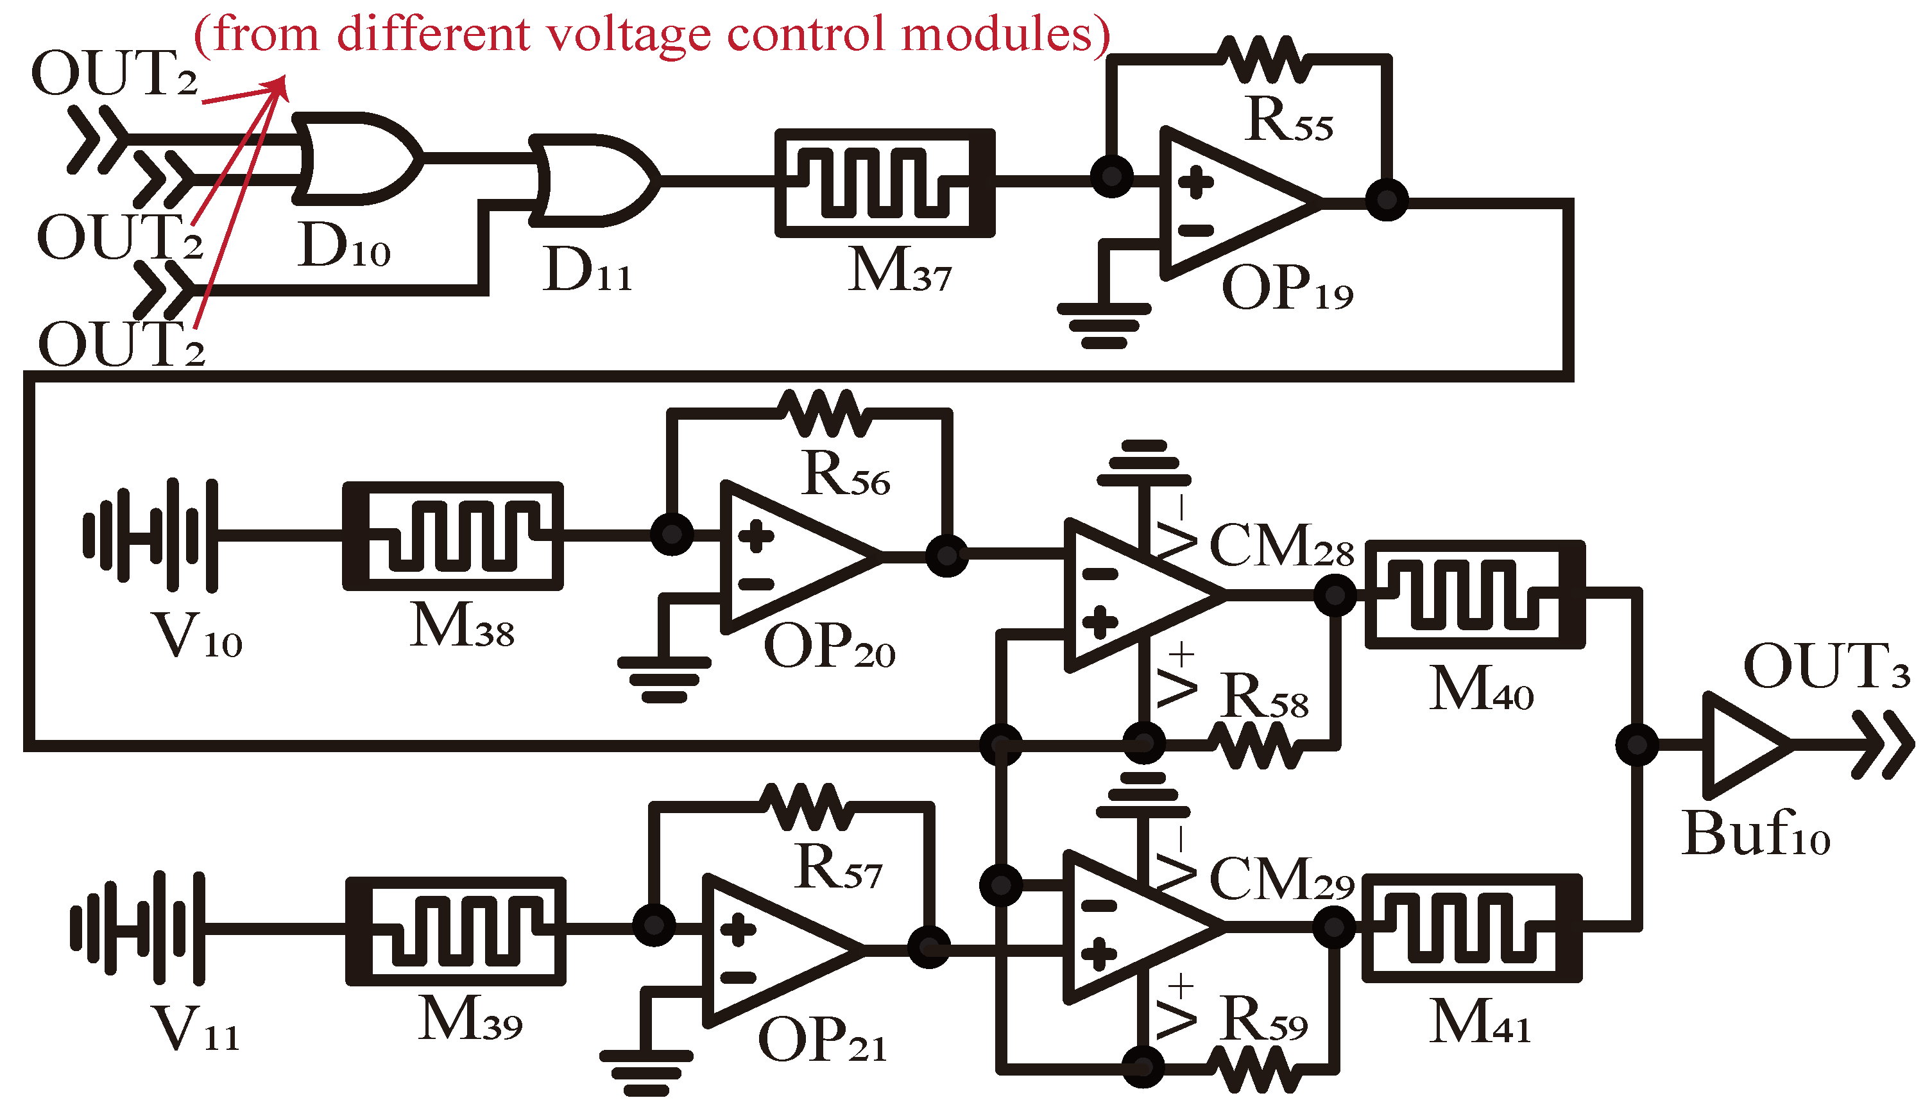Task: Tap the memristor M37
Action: (884, 183)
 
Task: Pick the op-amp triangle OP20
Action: (789, 557)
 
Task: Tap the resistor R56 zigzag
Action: (824, 414)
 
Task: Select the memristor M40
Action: (1475, 595)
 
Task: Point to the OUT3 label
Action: (1825, 666)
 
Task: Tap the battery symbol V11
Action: (138, 928)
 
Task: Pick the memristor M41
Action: (1471, 927)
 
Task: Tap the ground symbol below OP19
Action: (1104, 326)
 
